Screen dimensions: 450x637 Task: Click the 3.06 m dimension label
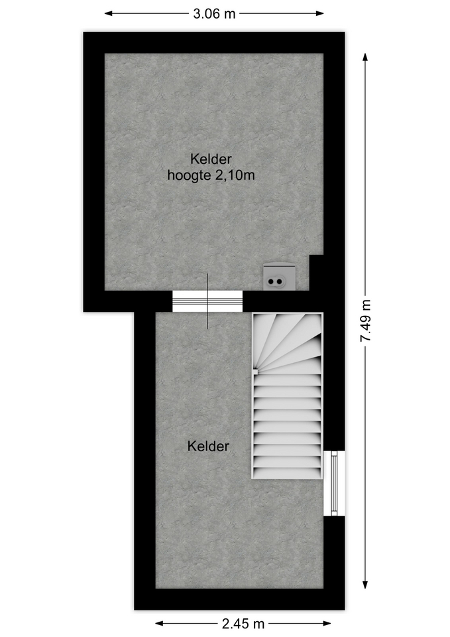[x=214, y=14]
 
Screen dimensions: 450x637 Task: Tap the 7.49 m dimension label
[x=366, y=321]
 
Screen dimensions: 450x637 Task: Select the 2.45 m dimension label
[x=243, y=623]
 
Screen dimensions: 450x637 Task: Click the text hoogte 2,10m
[x=211, y=175]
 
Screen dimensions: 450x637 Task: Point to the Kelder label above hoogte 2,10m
[x=211, y=159]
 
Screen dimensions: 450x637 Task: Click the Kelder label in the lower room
[x=208, y=446]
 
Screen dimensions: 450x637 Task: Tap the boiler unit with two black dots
[x=279, y=277]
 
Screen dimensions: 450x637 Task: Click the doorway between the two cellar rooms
[x=207, y=301]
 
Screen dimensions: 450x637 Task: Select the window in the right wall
[x=335, y=484]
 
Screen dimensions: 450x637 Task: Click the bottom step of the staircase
[x=287, y=473]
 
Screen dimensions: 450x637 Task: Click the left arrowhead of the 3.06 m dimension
[x=108, y=13]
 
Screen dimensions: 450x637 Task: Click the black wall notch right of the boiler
[x=316, y=273]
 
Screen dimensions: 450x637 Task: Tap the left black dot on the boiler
[x=270, y=281]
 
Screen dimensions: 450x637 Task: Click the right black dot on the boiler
[x=279, y=281]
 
